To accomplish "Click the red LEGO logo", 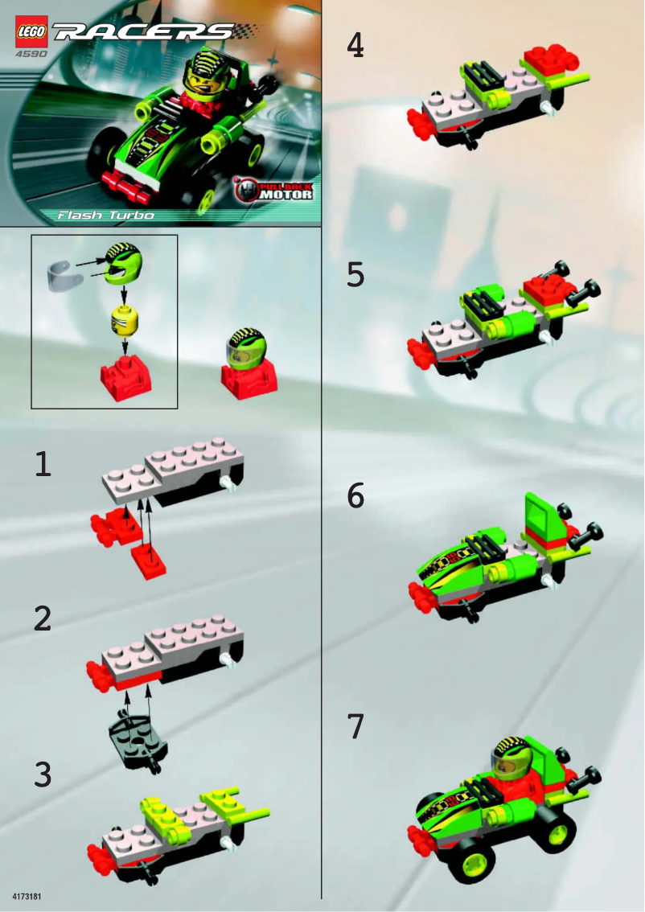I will point(31,31).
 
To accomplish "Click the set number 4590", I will point(29,55).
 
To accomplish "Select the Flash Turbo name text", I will point(105,216).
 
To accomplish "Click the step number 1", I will point(43,464).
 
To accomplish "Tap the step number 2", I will point(43,618).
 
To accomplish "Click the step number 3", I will point(43,774).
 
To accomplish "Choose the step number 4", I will point(355,46).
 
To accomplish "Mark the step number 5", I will point(355,275).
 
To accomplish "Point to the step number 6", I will point(355,496).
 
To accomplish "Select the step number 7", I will point(355,726).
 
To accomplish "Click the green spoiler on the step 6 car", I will point(540,515).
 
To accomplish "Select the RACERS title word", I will point(145,32).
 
